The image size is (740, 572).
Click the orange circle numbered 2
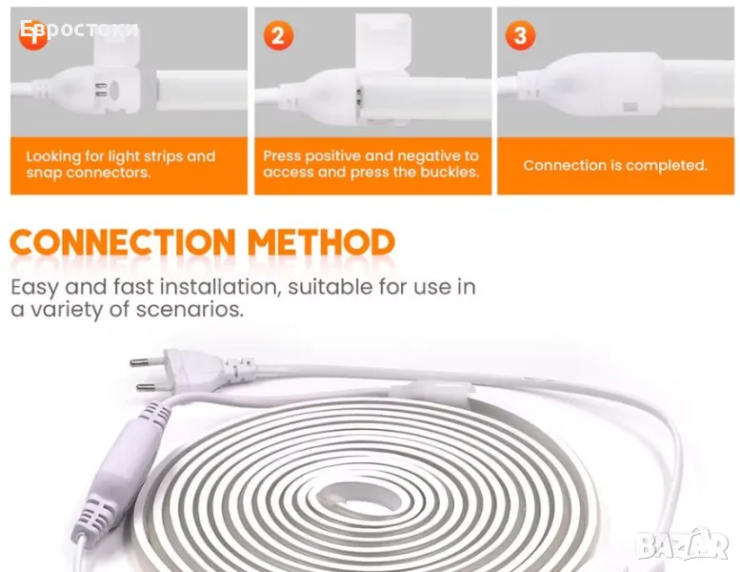(278, 35)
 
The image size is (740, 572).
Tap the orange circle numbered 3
(520, 35)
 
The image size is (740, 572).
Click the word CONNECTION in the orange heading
(122, 242)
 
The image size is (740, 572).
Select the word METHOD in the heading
(321, 242)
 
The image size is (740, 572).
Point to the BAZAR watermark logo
(683, 544)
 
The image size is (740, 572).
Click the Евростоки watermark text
(79, 30)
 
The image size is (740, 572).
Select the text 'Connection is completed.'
(615, 165)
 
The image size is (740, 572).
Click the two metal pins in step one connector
(101, 90)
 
